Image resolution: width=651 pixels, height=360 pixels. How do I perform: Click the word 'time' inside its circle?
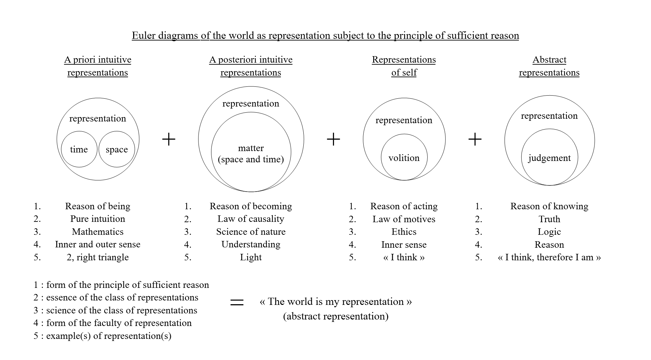[79, 149]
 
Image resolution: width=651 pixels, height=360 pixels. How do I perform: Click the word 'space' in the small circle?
[117, 149]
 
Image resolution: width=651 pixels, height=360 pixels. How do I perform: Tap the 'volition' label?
[404, 158]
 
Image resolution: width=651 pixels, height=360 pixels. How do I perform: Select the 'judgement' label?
[549, 158]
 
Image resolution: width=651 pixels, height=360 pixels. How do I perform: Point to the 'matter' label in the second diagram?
[251, 148]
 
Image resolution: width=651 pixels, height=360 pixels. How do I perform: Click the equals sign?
[237, 302]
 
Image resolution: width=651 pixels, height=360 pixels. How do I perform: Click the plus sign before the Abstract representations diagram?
[475, 139]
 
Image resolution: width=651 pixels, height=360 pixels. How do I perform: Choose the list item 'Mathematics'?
[98, 232]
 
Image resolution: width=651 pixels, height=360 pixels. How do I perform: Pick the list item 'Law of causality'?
[251, 219]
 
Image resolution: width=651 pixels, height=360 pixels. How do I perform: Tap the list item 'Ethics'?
[404, 232]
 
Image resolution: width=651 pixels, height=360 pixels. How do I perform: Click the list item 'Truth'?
[549, 219]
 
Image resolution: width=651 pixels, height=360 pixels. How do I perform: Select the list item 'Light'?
[251, 257]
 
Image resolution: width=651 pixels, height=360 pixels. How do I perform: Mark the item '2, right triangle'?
[98, 257]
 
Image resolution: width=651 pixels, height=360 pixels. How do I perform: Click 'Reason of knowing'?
[549, 206]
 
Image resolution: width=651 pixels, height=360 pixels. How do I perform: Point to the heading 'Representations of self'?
[404, 66]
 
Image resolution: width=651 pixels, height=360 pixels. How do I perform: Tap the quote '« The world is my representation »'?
[336, 302]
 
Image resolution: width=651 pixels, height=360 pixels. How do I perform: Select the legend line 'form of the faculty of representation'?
[119, 323]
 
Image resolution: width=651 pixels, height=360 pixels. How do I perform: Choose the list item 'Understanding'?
[251, 244]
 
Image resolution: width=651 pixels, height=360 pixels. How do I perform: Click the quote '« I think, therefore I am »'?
[549, 257]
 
